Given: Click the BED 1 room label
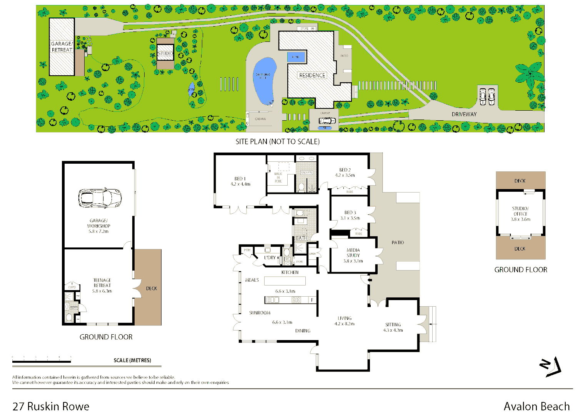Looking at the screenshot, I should coord(240,179).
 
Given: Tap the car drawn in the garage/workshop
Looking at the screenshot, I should coord(100,198).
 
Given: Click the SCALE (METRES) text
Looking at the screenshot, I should coord(132,360).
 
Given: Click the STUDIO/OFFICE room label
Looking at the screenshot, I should coord(520,211).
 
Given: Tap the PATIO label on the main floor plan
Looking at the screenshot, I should coord(398,242).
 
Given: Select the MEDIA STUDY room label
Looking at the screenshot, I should coord(353,253).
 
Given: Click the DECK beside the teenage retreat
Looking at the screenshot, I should coord(151,288).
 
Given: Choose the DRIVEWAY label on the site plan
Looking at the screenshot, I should coord(464,114).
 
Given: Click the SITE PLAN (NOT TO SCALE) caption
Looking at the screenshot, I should coord(277,142).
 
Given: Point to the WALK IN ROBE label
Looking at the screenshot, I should coord(278,178).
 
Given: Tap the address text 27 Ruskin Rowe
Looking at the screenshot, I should coord(51,406).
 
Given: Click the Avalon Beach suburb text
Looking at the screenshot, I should coord(536,406).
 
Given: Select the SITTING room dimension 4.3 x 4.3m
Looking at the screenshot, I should coord(393,330).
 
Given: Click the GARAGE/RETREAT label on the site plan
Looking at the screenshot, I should coord(62,47).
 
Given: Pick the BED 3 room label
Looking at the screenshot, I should coord(350,212).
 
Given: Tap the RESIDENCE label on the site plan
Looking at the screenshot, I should coord(312,75).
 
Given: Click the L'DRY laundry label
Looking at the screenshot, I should coord(270,257).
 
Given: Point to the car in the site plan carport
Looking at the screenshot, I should coord(325,121).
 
